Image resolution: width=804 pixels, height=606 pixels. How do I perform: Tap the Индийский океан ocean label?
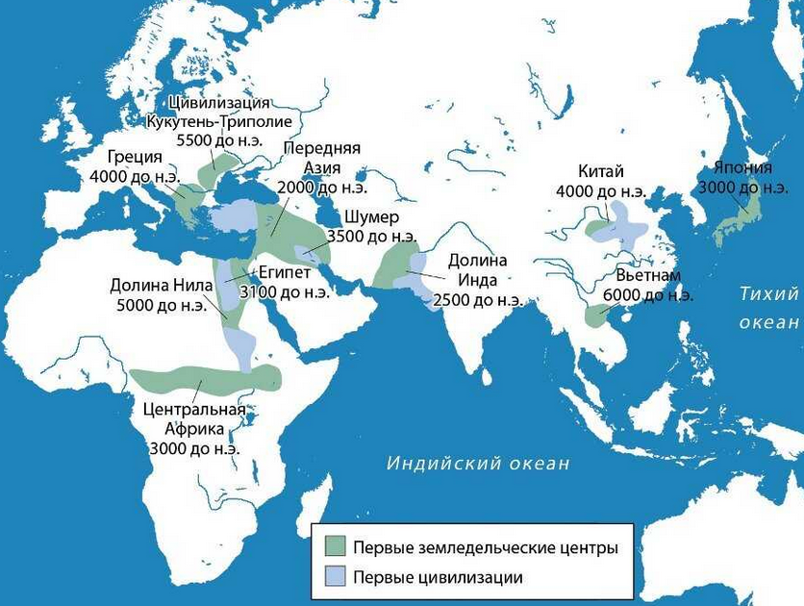coord(478,464)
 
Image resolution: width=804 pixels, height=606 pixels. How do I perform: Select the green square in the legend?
coord(334,547)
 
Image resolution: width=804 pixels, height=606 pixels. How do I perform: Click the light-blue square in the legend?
coord(334,577)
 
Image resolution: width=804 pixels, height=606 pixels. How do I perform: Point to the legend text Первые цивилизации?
coord(438,577)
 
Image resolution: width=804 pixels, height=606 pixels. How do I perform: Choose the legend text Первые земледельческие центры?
coord(485,547)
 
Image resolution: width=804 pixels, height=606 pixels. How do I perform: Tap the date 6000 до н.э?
coord(655,294)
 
